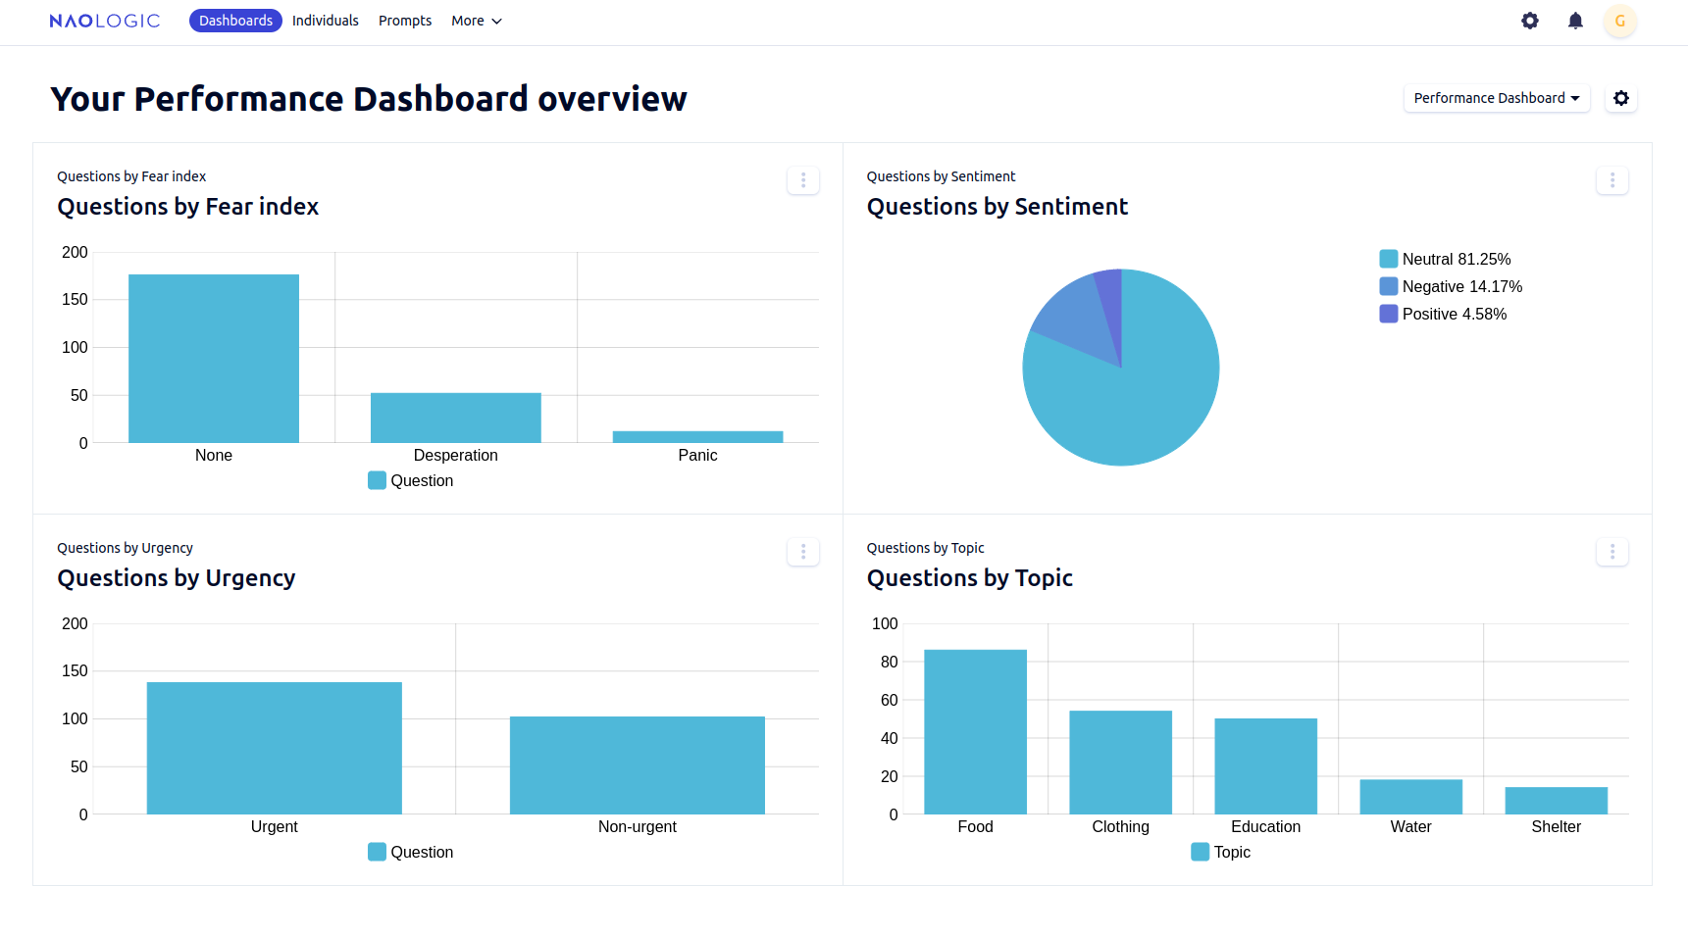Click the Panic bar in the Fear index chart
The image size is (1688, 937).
click(x=697, y=437)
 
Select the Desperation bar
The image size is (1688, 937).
click(x=455, y=418)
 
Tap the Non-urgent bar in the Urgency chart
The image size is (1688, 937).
click(x=637, y=764)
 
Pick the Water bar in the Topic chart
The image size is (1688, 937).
click(x=1410, y=796)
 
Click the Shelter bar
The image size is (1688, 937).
click(x=1556, y=800)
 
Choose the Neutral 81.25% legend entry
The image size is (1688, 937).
click(x=1445, y=259)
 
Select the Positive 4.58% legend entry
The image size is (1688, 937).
click(x=1443, y=314)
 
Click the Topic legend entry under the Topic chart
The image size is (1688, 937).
click(x=1221, y=852)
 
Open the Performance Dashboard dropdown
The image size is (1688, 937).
click(x=1496, y=98)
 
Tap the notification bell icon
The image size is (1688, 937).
click(x=1575, y=21)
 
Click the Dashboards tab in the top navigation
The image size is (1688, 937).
click(x=235, y=21)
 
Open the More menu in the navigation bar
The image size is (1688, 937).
click(x=476, y=21)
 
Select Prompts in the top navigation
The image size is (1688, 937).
click(x=405, y=21)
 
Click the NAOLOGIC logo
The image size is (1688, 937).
click(x=104, y=21)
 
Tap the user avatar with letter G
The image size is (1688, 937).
click(x=1619, y=21)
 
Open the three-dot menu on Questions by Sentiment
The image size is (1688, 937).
click(x=1611, y=180)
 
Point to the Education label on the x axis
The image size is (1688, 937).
click(x=1265, y=826)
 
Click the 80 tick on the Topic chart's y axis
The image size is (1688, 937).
click(x=889, y=662)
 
